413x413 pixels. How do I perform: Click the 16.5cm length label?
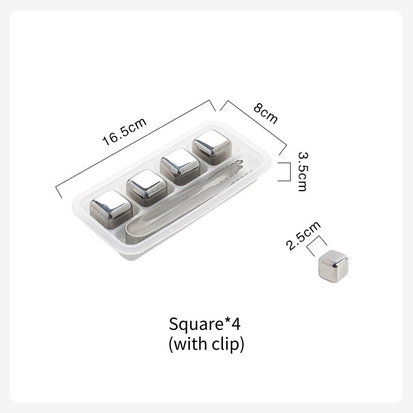124,132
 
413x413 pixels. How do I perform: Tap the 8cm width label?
265,114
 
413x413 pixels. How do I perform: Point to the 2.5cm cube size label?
304,235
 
